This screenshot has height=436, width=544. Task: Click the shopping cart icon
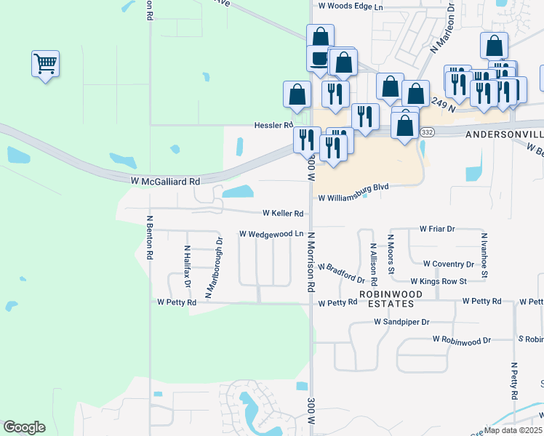click(x=45, y=64)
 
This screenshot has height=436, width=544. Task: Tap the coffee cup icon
click(x=318, y=59)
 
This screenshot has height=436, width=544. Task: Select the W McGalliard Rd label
click(x=165, y=180)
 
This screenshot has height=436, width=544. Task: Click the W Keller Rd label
click(x=283, y=214)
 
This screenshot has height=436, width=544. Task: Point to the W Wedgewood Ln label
click(x=271, y=234)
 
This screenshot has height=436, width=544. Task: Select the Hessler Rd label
click(x=273, y=125)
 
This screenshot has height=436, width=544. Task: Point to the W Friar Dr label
click(x=437, y=228)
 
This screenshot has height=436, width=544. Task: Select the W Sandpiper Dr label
click(x=402, y=321)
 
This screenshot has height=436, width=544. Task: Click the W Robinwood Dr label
click(x=462, y=339)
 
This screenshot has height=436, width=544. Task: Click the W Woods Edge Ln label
click(x=351, y=6)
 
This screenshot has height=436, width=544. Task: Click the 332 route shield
click(x=428, y=132)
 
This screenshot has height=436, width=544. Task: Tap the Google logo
click(x=24, y=427)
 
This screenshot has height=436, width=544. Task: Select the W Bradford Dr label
click(x=341, y=273)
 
